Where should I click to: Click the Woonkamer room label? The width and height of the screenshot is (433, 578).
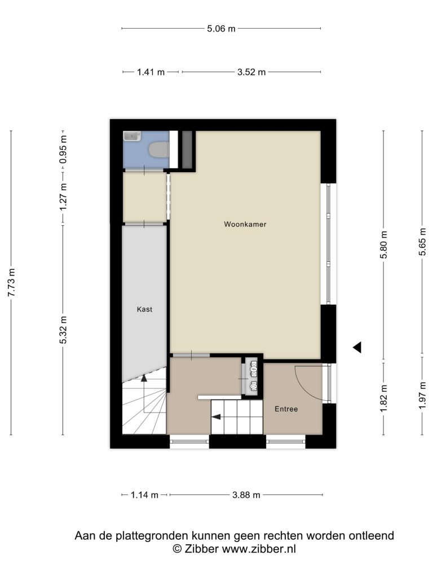245,224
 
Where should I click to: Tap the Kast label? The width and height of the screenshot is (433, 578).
144,309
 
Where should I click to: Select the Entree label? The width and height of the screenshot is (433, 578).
286,409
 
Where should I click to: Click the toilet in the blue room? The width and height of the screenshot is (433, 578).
158,150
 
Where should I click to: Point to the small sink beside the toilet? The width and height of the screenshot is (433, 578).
132,136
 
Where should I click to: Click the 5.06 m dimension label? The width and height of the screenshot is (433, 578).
221,29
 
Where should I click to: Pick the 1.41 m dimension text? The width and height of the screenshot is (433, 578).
151,72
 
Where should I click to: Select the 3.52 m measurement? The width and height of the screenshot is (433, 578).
251,72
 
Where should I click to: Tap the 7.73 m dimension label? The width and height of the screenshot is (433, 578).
12,282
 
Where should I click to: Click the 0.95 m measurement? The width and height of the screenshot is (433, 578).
64,149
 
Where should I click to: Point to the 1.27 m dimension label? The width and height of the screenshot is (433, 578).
64,197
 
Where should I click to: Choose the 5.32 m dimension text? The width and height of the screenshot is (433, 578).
64,330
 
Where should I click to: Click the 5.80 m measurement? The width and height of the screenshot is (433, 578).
383,245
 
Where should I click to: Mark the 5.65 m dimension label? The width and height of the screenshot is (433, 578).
422,242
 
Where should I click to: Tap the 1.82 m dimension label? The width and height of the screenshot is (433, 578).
383,399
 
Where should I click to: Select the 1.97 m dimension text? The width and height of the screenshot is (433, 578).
422,396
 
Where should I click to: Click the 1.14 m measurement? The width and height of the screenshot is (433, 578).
144,495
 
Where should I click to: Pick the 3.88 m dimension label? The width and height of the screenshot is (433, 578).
246,495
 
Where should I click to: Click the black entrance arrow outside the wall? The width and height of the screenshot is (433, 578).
357,347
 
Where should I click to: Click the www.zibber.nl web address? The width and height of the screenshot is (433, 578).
258,549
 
